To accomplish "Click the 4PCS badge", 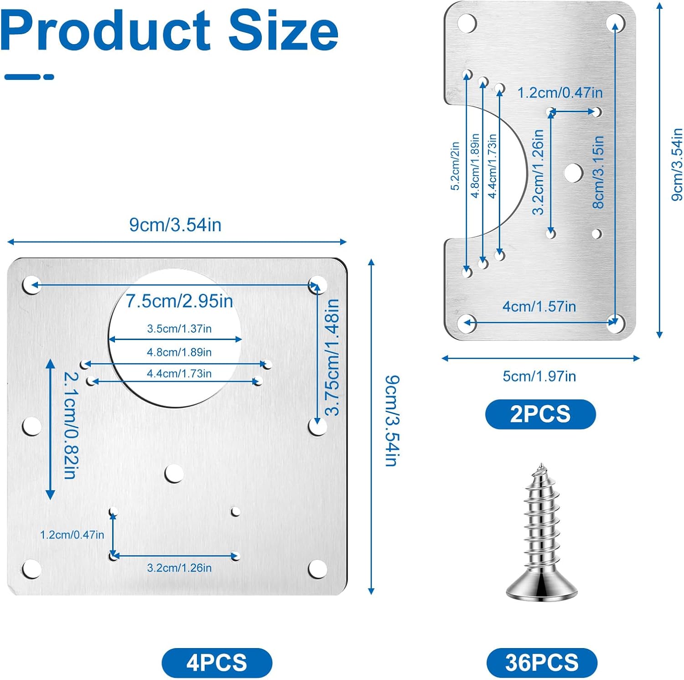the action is click(x=217, y=662).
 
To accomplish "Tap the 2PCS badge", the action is click(x=540, y=414).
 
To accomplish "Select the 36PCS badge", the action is click(x=542, y=662).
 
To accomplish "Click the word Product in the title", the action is click(x=106, y=31).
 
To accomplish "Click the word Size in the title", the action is click(x=283, y=31).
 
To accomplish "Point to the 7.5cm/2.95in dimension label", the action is click(x=179, y=301).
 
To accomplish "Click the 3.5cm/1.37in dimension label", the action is click(x=179, y=329).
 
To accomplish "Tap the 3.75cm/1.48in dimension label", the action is click(x=332, y=357).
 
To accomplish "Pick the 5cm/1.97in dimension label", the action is click(x=539, y=376).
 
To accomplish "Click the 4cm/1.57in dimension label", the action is click(x=539, y=306).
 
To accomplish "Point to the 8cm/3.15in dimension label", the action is click(x=598, y=172).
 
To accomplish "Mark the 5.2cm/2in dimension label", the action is click(x=455, y=165).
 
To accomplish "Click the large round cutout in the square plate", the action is click(x=175, y=338).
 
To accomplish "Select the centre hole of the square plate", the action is click(x=174, y=474).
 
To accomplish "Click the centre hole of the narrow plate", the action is click(x=573, y=173).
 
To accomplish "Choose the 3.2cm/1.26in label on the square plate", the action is click(x=179, y=568).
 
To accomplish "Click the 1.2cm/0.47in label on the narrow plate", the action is click(x=560, y=93).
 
